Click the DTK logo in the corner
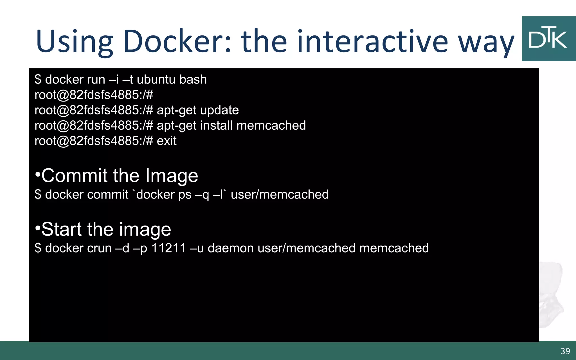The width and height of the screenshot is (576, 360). pos(548,39)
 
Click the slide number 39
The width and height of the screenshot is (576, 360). pos(565,351)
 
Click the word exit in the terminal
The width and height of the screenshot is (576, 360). pos(166,141)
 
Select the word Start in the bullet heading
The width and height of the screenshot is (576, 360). pos(61,229)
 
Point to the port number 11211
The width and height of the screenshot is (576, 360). pos(168,248)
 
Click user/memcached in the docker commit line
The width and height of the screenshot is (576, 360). pos(280,195)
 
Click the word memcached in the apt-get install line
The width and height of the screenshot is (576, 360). pos(271,125)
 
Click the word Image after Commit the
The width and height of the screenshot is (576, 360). pos(172,176)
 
